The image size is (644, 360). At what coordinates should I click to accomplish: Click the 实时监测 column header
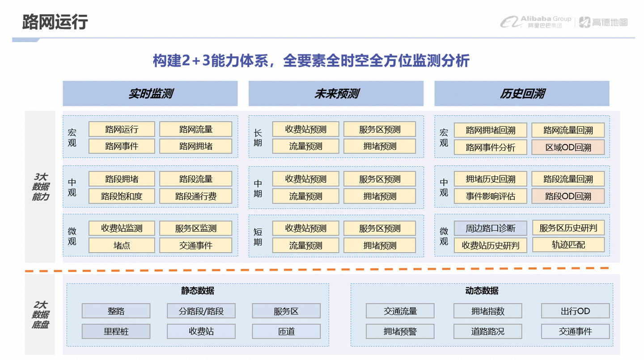(x=150, y=93)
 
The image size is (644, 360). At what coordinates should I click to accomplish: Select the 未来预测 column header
(x=336, y=93)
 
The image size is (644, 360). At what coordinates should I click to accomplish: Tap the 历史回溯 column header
(x=521, y=93)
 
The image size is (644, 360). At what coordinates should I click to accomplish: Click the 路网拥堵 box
(x=195, y=146)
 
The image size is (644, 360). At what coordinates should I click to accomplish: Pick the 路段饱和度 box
(x=122, y=196)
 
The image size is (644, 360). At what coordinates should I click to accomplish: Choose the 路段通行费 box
(x=195, y=196)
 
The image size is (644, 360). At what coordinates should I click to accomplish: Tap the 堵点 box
(x=122, y=245)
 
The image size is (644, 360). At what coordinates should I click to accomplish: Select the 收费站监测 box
(x=122, y=229)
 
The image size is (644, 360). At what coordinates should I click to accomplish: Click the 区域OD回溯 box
(x=568, y=147)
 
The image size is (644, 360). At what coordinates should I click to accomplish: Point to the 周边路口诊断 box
(x=491, y=229)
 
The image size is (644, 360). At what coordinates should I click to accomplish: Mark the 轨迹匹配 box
(x=568, y=245)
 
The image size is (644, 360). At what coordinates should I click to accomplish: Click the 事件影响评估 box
(x=491, y=196)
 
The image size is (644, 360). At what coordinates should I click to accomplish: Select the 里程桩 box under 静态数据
(x=116, y=331)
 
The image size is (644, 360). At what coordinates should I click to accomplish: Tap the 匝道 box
(x=286, y=331)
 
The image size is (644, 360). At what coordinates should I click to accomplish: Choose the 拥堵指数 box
(x=487, y=311)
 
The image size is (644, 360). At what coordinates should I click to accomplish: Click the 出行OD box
(x=575, y=311)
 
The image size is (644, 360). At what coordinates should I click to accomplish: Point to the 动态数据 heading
(x=481, y=291)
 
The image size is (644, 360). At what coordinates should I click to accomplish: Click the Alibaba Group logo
(x=536, y=21)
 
